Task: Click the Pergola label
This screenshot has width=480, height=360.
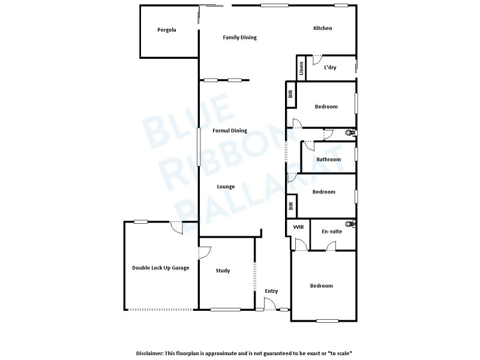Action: coord(166,30)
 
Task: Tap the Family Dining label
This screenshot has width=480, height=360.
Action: coord(239,37)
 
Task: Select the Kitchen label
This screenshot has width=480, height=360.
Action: coord(322,28)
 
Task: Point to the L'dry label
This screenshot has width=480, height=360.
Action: coord(330,68)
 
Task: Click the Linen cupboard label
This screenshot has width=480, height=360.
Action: coord(302,68)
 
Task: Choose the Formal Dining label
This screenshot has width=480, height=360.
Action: coord(230,130)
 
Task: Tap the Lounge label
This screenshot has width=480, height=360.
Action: coord(226,187)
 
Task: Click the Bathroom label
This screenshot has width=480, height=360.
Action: coord(329,160)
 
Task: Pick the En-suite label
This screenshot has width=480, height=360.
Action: coord(332,231)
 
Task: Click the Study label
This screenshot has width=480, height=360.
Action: coord(223,271)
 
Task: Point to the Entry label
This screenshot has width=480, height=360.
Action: coord(271,291)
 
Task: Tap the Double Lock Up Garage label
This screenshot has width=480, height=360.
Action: coord(160,268)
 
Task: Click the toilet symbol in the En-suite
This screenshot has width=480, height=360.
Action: coord(353,224)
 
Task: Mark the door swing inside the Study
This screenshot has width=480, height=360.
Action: coord(205,252)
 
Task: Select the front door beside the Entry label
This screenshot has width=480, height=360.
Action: coord(271,305)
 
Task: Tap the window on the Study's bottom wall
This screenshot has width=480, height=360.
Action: coord(225,310)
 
